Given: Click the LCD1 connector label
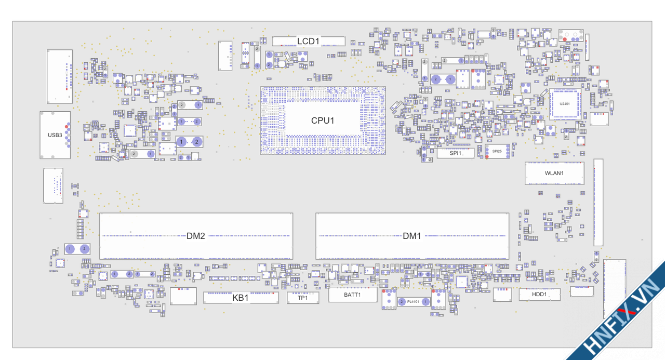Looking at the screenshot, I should point(308,41).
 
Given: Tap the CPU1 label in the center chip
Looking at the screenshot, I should point(323,121).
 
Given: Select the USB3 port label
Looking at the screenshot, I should point(55,135).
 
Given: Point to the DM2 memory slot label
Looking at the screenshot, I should point(196,236).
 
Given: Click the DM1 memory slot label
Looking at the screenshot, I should point(412,236).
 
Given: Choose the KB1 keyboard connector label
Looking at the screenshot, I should point(241,298).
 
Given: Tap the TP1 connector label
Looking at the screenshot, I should point(302,298).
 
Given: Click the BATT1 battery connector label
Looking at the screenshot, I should point(352,295).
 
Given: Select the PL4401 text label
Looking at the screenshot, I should point(414,301).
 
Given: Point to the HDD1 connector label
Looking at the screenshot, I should point(539,295).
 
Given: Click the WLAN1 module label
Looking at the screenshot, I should point(554,173).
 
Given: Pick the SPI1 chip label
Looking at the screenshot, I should point(456,153).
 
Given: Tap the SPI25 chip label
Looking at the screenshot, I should point(497,151).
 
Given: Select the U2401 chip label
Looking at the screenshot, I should point(564,104).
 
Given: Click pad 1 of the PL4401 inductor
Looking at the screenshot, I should point(425,301).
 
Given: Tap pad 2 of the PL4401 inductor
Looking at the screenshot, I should point(402,301).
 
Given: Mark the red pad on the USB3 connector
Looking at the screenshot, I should point(66,126).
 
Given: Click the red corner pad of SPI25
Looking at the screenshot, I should point(487,156).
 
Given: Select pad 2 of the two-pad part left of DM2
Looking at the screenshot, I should point(84,249).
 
